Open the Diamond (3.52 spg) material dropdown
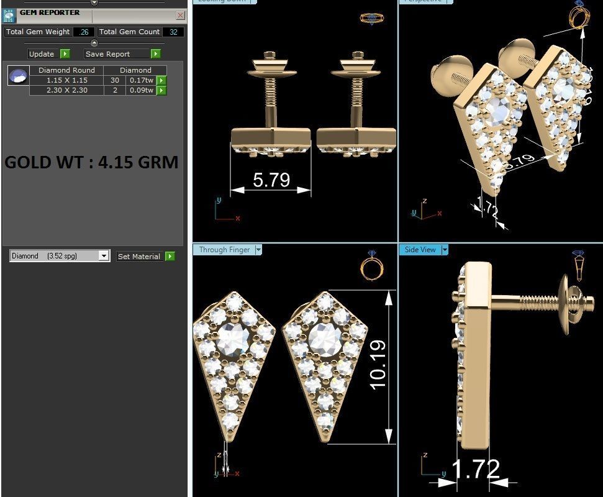pos(104,256)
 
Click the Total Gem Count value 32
pos(173,32)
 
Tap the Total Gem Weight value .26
pos(83,32)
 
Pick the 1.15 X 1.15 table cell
pos(66,80)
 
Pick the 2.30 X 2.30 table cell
pos(66,90)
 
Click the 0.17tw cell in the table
pos(141,80)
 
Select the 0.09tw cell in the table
pos(141,90)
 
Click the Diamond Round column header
pos(66,70)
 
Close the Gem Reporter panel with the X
pos(180,15)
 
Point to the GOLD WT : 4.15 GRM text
pos(91,163)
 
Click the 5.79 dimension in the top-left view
pos(271,180)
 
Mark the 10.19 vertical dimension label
pos(378,365)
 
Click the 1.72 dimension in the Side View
pos(476,469)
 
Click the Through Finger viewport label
pos(224,250)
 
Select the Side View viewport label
pos(420,250)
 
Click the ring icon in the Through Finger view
pos(372,266)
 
